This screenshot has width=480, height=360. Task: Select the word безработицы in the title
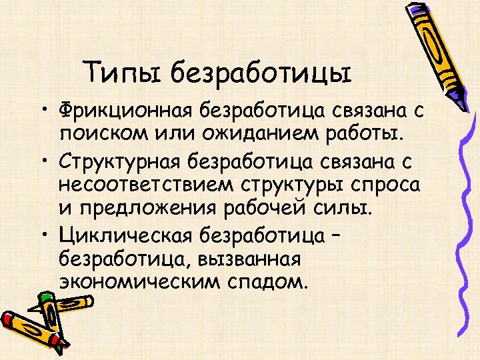click(x=260, y=72)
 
